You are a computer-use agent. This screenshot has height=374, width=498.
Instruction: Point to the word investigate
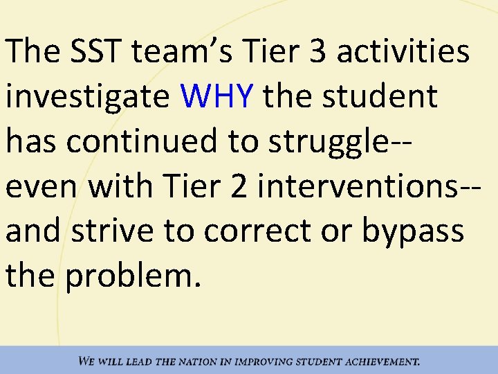click(87, 96)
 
